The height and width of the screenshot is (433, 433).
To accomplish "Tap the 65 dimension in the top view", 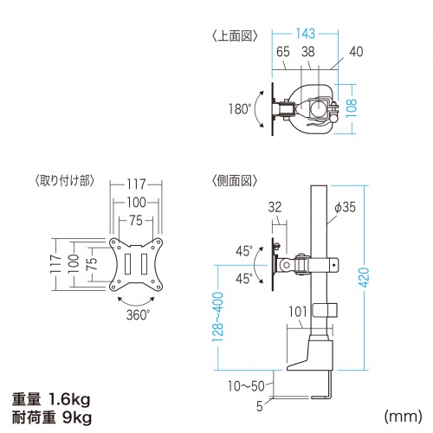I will pos(284,52).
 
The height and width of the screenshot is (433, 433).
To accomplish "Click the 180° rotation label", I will pos(240,110).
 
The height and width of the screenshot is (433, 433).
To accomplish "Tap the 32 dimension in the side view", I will pos(275,207).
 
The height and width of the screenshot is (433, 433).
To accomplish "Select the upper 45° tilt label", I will pos(243,251).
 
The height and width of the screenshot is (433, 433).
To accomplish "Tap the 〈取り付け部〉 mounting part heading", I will pos(65,181).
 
